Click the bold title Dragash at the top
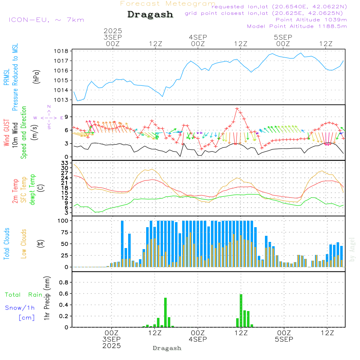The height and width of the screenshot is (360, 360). click(150, 15)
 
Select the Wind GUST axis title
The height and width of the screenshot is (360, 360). click(6, 132)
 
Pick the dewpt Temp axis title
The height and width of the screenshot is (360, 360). click(32, 190)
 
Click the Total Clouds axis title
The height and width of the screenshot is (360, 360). click(6, 244)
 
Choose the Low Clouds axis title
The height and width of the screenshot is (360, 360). click(24, 244)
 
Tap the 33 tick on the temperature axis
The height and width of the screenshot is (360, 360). click(65, 163)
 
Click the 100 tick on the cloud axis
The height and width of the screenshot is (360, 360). click(63, 221)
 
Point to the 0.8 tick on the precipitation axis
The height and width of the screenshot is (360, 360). click(64, 283)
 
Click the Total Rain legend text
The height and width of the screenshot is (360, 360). click(23, 295)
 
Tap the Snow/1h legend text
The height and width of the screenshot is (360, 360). click(20, 308)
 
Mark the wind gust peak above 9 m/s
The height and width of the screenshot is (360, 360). click(237, 108)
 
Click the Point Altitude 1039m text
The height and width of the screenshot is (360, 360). click(311, 19)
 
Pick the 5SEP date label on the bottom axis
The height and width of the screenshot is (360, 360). click(284, 339)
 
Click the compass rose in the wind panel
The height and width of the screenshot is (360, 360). click(49, 117)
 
